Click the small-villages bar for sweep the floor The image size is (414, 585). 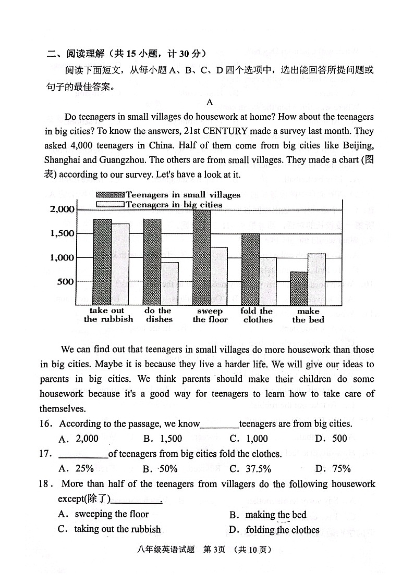point(202,257)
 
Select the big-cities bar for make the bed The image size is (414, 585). point(316,279)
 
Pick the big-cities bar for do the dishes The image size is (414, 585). point(169,283)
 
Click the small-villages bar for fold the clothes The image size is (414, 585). point(250,269)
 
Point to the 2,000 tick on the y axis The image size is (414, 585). point(63,209)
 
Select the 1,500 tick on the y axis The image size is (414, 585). point(63,233)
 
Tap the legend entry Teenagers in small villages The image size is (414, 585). point(168,195)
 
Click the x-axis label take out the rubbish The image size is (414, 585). point(108,315)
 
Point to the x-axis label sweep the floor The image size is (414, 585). point(210,315)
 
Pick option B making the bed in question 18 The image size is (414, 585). point(268,515)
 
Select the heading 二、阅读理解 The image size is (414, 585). point(75,54)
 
